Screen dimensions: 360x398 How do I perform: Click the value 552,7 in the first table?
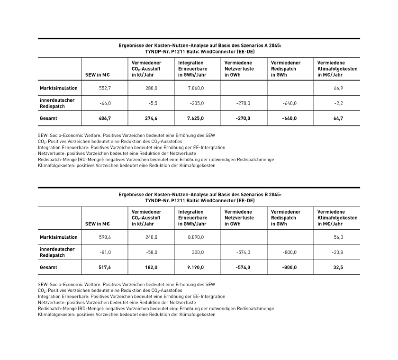104,88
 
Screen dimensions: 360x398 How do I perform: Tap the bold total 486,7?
104,118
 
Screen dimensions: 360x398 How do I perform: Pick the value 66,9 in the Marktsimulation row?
338,88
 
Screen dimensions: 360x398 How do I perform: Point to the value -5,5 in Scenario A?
152,103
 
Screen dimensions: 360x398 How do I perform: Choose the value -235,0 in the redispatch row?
197,103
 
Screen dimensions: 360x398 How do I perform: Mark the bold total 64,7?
338,118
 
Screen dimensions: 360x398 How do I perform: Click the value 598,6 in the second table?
104,237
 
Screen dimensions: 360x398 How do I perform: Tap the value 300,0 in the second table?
198,252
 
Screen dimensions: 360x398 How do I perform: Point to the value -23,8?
338,252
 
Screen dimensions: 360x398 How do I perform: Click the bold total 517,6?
104,268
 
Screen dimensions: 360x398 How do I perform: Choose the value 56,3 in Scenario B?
338,237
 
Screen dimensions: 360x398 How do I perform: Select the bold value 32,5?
338,268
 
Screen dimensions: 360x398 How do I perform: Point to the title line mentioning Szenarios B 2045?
199,194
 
